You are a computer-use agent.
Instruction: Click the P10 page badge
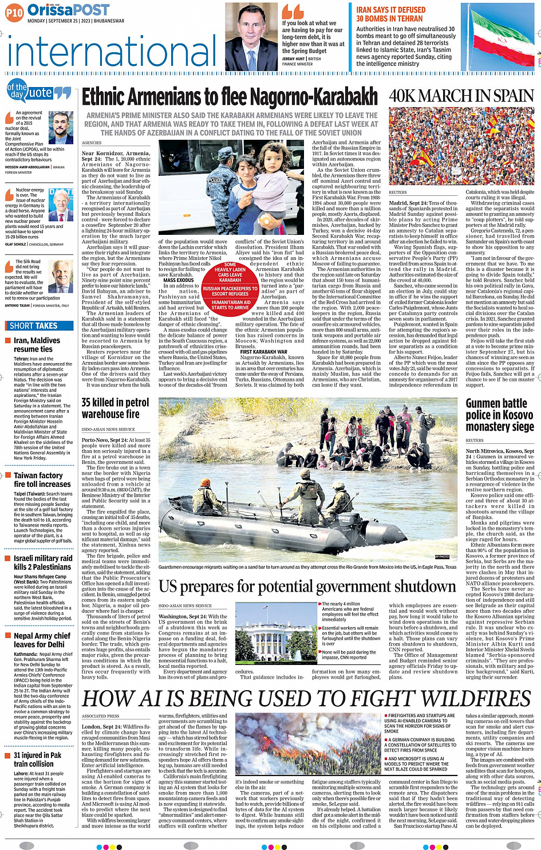tap(14, 11)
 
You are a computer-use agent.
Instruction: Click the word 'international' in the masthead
tap(112, 50)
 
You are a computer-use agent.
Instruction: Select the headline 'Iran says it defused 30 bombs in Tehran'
tap(390, 14)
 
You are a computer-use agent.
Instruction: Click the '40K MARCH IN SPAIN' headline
tap(461, 96)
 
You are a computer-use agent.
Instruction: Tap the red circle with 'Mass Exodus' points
tap(230, 286)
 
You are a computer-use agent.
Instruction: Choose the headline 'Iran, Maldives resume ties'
tap(37, 345)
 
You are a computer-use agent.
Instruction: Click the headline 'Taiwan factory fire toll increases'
tap(38, 480)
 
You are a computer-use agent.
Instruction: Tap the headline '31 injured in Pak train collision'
tap(37, 759)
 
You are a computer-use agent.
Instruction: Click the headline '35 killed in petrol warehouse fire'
tap(115, 408)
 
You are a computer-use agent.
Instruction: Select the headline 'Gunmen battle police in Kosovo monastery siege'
tap(499, 415)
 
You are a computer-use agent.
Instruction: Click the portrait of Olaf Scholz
tap(61, 206)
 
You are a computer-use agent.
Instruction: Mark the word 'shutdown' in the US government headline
tap(412, 587)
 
